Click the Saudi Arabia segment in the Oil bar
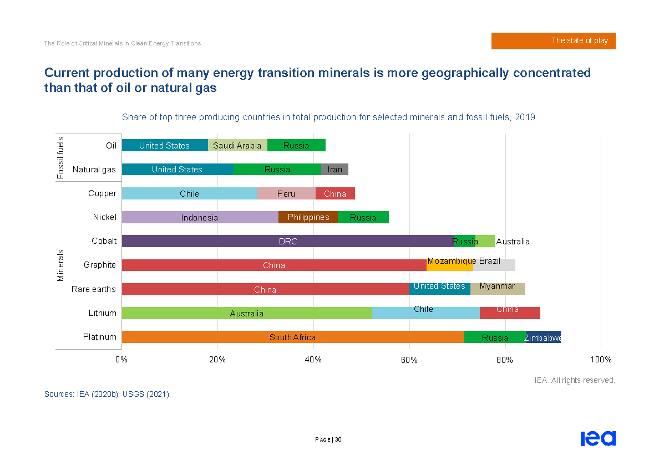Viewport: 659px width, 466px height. point(237,146)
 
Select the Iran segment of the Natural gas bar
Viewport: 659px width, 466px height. point(334,170)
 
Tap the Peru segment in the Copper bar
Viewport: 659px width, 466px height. point(286,193)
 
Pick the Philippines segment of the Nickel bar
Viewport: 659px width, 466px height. point(308,217)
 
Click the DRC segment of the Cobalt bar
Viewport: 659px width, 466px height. point(287,241)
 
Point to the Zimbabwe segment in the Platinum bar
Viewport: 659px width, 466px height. point(543,337)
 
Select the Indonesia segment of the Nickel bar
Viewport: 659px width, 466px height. point(200,217)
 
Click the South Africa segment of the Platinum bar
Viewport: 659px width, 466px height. point(292,337)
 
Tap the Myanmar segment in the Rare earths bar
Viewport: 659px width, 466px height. point(497,289)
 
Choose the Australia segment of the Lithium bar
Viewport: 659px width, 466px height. point(247,313)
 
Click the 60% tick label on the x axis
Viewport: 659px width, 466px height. point(409,360)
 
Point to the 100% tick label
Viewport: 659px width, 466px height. point(601,360)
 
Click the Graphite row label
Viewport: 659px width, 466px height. point(100,265)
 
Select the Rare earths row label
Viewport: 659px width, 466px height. point(94,289)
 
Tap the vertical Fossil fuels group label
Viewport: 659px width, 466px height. point(60,157)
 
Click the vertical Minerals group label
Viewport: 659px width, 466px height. point(60,265)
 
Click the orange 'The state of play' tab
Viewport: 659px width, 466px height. point(553,41)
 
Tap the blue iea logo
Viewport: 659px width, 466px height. point(598,438)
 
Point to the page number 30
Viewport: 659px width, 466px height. point(338,440)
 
